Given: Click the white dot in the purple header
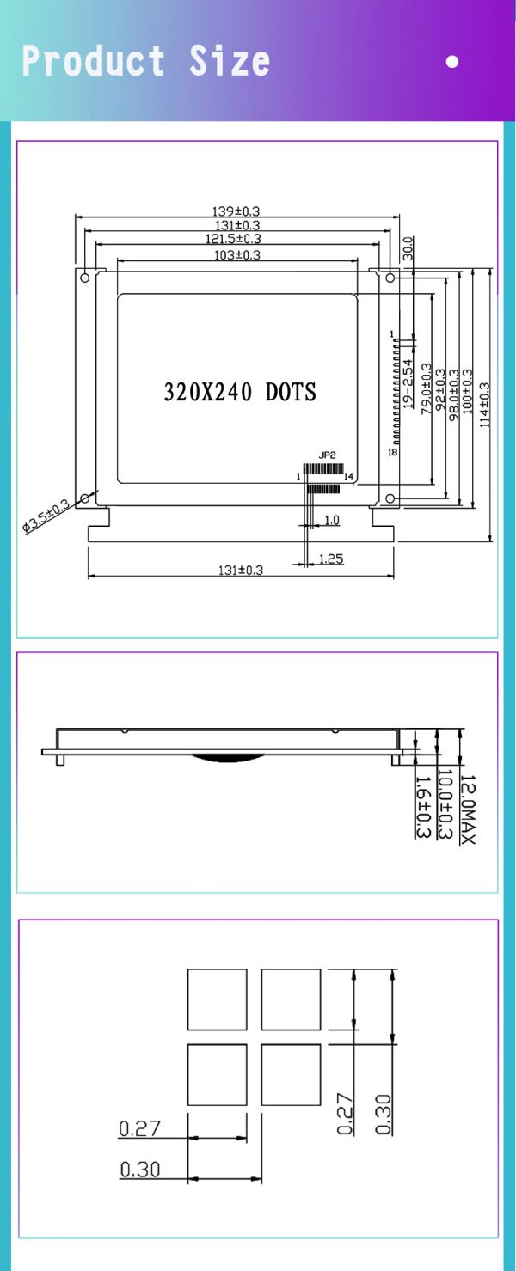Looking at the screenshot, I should pos(452,62).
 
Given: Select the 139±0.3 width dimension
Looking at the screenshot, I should pos(236,211).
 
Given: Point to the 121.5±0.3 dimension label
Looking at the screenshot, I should pos(233,239).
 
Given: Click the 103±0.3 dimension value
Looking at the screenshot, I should pos(236,254).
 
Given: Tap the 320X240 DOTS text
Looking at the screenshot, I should pos(240,392).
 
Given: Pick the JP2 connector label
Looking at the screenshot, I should pos(326,454).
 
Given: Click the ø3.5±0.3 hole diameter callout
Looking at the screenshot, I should pos(46,517).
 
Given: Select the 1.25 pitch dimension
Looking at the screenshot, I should pos(331,559).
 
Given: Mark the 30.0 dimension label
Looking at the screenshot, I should pos(408,248).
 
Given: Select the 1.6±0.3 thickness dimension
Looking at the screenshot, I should pos(422,808).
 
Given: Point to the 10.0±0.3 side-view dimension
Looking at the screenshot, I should pos(445,804).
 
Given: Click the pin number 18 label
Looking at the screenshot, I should pos(392,452).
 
